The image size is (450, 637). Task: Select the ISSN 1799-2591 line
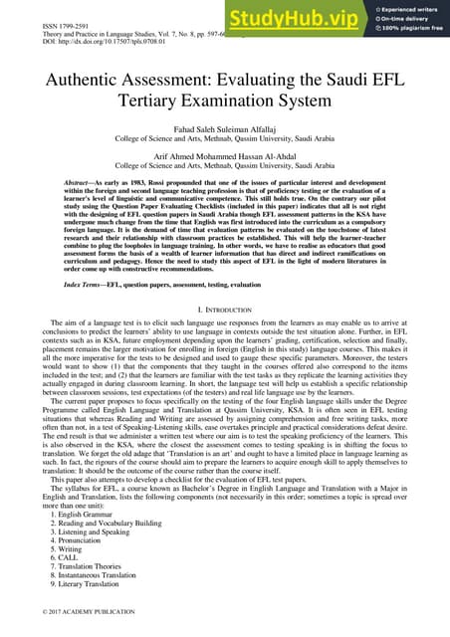point(36,9)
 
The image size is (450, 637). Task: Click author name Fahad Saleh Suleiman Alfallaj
point(225,143)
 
